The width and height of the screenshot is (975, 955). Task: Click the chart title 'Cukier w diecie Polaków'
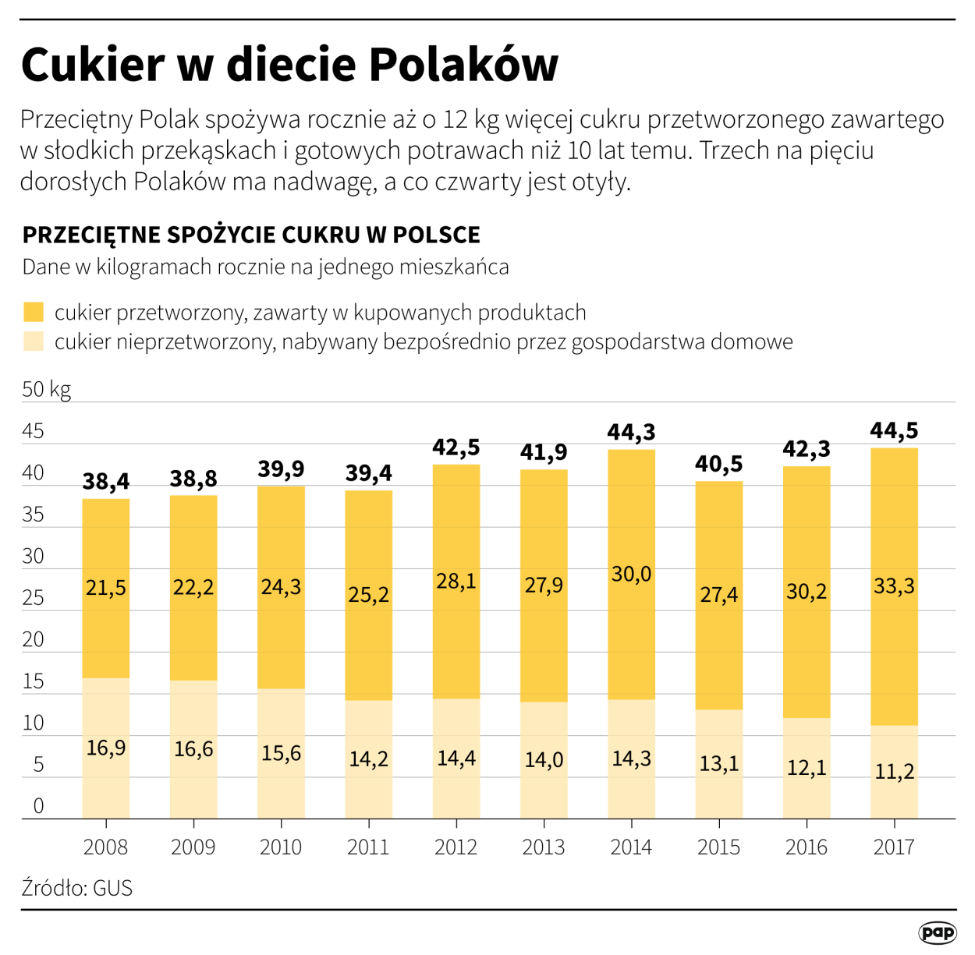coord(289,64)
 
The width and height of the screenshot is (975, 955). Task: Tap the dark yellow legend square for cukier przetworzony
coord(34,313)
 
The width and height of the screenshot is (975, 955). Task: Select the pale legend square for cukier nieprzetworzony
coord(34,341)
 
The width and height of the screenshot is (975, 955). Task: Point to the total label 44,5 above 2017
coord(894,430)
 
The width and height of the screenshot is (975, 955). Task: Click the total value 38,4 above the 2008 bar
coord(106,482)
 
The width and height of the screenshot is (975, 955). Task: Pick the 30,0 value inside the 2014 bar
coord(631,575)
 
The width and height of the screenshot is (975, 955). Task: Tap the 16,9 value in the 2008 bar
coord(106,748)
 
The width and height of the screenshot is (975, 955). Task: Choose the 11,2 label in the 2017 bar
coord(894,772)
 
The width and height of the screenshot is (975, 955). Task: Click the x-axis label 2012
coord(456,847)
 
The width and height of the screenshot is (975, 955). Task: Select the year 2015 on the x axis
coord(718,847)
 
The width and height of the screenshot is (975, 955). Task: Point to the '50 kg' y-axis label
coord(46,389)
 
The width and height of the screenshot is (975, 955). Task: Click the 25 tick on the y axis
coord(34,598)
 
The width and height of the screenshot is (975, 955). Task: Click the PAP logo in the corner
coord(936,932)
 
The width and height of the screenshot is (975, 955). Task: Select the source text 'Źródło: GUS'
coord(77,888)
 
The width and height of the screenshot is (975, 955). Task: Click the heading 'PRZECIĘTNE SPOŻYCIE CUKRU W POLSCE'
coord(251,235)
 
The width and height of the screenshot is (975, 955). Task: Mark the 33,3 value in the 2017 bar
coord(894,586)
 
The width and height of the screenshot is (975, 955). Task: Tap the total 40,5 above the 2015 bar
coord(718,464)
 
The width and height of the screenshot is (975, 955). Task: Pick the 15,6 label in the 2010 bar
coord(281,753)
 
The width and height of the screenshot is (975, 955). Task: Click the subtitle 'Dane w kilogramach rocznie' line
coord(265,267)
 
